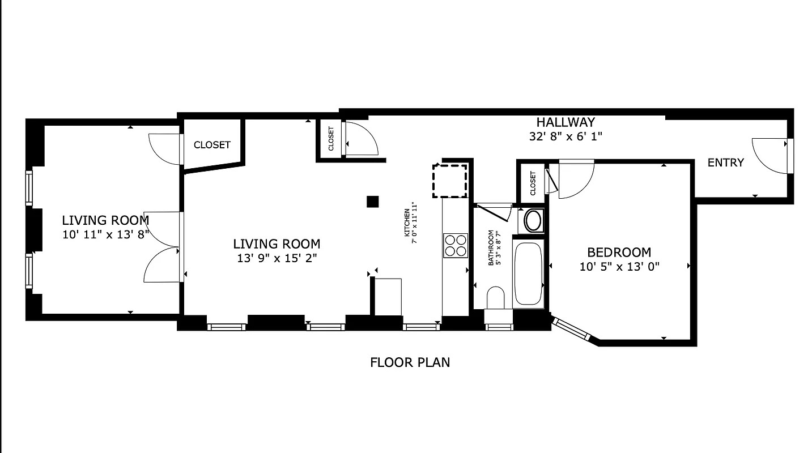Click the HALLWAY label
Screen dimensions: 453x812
click(566, 122)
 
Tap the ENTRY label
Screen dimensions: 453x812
click(725, 163)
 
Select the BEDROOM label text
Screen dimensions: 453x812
click(619, 253)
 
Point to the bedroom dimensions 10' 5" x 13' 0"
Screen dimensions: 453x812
click(619, 267)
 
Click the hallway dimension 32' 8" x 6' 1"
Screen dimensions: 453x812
click(565, 136)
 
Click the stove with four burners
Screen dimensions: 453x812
click(456, 246)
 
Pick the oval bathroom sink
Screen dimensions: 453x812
click(533, 220)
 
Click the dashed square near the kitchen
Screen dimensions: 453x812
click(450, 181)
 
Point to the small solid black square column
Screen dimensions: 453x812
click(372, 202)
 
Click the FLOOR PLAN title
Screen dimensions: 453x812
click(410, 362)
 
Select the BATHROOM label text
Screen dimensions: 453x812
click(491, 248)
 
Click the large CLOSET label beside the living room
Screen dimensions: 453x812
click(212, 145)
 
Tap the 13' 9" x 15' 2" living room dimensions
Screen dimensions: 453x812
click(277, 259)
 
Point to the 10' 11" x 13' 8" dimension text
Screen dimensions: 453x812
click(105, 234)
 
